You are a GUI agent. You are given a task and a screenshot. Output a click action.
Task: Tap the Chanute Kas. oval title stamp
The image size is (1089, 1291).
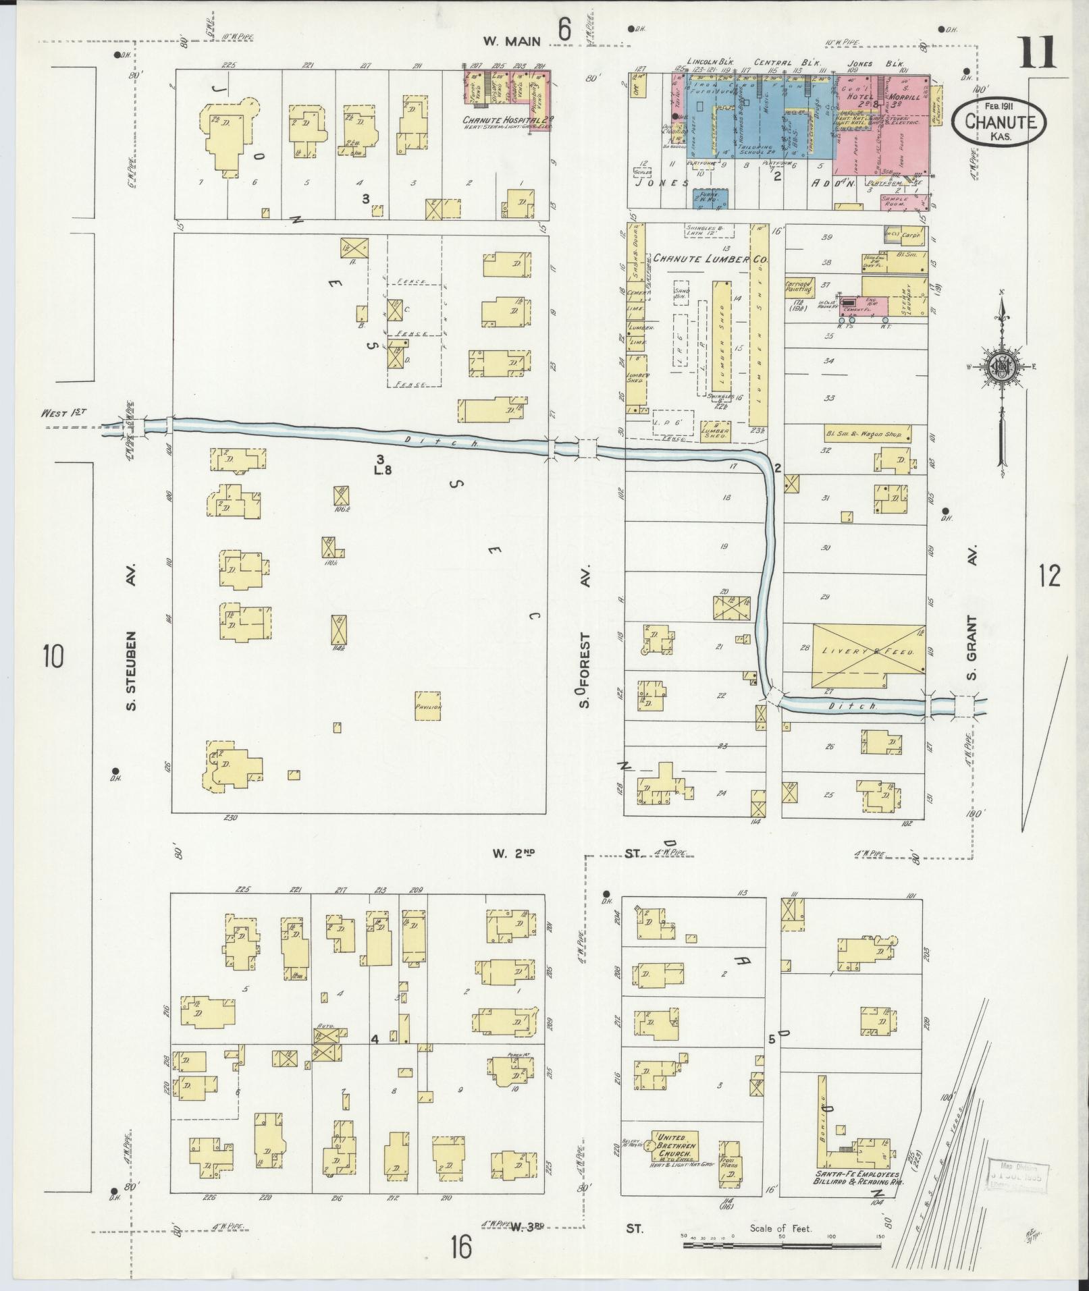(1000, 119)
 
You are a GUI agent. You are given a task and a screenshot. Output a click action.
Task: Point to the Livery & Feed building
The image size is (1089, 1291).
(868, 653)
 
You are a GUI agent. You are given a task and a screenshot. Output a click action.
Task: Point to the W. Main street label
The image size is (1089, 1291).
(512, 41)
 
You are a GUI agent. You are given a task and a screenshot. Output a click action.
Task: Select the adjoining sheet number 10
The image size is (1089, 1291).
(53, 655)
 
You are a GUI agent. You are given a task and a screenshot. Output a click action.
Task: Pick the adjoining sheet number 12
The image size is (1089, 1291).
(1050, 576)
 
